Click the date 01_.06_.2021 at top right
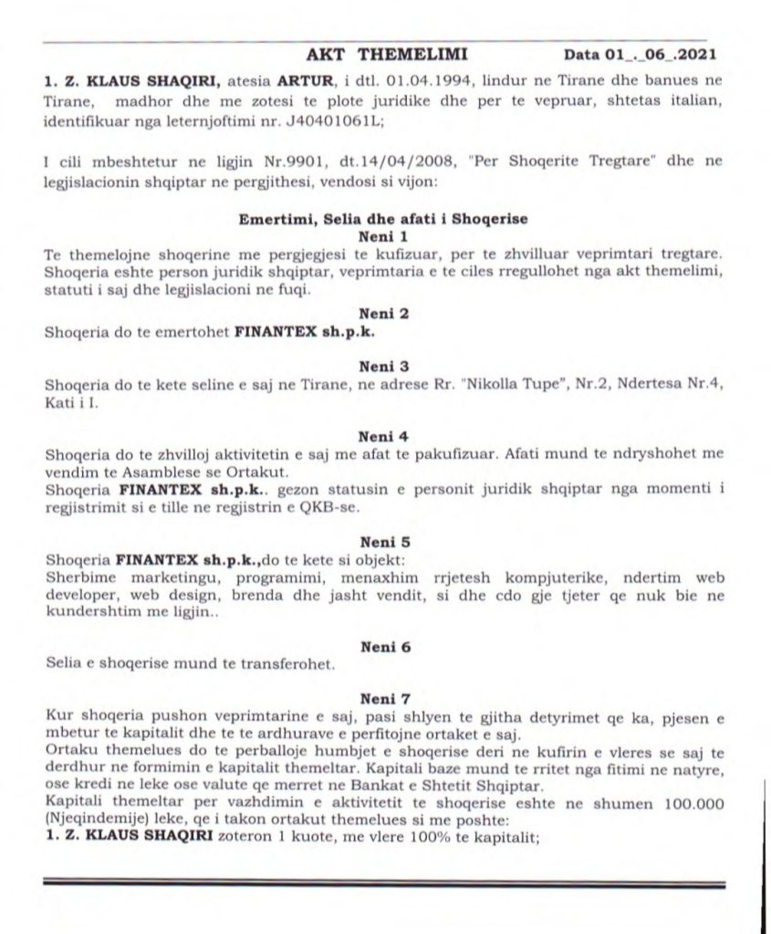tap(655, 54)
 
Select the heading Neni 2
tap(383, 314)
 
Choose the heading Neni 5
tap(383, 540)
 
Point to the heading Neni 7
tap(383, 699)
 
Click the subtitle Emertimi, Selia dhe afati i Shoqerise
tap(383, 220)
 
